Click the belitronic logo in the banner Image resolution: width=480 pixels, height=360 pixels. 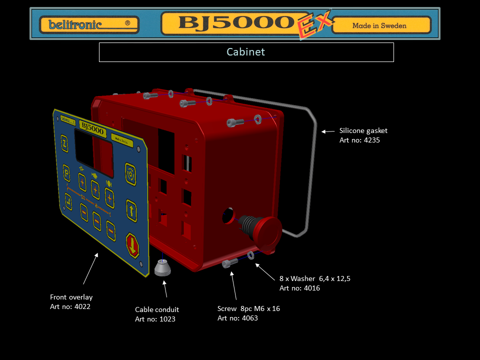click(x=89, y=24)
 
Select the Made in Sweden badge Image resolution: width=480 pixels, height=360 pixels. click(x=381, y=25)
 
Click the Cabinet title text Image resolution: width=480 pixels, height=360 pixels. click(x=246, y=52)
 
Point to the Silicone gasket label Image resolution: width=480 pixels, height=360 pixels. click(x=363, y=130)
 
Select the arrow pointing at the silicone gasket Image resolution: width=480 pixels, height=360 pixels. click(x=328, y=131)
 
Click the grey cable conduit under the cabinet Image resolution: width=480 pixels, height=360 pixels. click(x=162, y=268)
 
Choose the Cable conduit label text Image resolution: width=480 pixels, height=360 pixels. click(x=157, y=309)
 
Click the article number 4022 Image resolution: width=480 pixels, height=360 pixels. click(x=82, y=306)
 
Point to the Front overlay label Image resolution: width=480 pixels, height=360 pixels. click(x=71, y=297)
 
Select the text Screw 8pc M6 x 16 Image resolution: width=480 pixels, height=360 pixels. click(x=248, y=308)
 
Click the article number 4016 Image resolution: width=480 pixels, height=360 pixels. click(x=311, y=288)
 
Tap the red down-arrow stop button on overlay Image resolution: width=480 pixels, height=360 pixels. click(x=132, y=245)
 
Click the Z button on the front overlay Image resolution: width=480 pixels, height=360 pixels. click(x=64, y=143)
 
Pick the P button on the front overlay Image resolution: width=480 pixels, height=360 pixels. click(x=66, y=173)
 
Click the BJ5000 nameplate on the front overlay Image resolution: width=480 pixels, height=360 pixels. click(x=92, y=128)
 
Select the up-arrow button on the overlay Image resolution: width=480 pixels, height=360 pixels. click(x=131, y=210)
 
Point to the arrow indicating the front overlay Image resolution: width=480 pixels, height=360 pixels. click(x=90, y=268)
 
